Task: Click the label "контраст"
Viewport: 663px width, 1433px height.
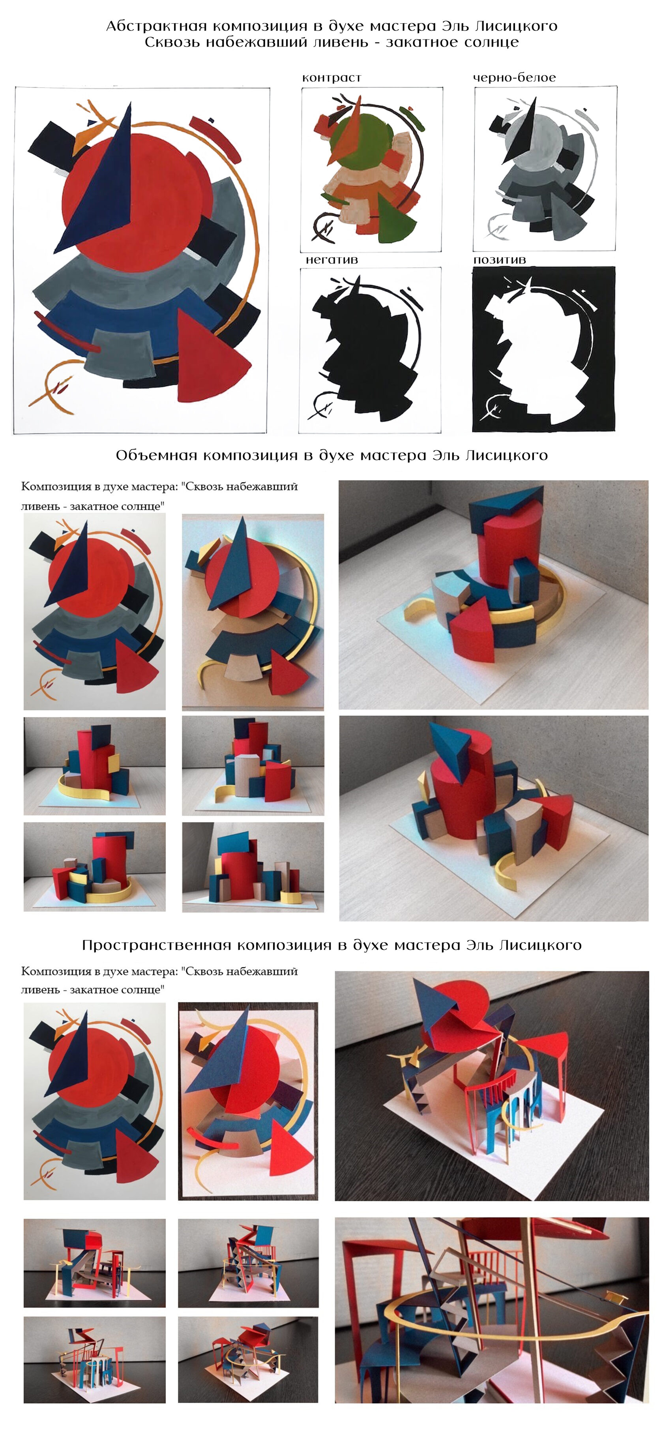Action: [331, 78]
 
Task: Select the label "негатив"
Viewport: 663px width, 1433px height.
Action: [331, 260]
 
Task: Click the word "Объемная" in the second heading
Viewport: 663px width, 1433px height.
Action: [156, 456]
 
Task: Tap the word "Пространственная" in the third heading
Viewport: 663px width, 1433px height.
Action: [156, 945]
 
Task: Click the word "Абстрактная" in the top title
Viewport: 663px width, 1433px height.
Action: [156, 26]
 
